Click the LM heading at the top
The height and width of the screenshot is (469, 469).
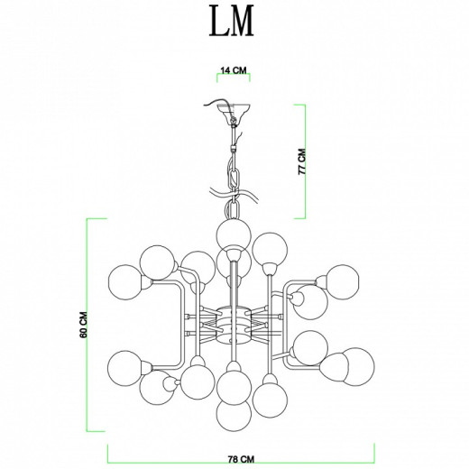(x=232, y=21)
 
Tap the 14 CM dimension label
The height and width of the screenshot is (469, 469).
(x=234, y=70)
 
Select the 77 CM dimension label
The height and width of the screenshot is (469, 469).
(x=301, y=161)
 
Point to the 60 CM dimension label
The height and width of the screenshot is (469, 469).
(x=83, y=325)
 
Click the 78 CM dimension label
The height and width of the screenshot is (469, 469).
(x=241, y=459)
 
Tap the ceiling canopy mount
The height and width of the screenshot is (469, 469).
(x=234, y=111)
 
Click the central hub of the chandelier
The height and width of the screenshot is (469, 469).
(x=233, y=325)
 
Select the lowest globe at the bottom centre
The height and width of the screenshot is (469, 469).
(x=234, y=415)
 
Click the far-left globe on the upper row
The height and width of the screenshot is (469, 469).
(x=125, y=282)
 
